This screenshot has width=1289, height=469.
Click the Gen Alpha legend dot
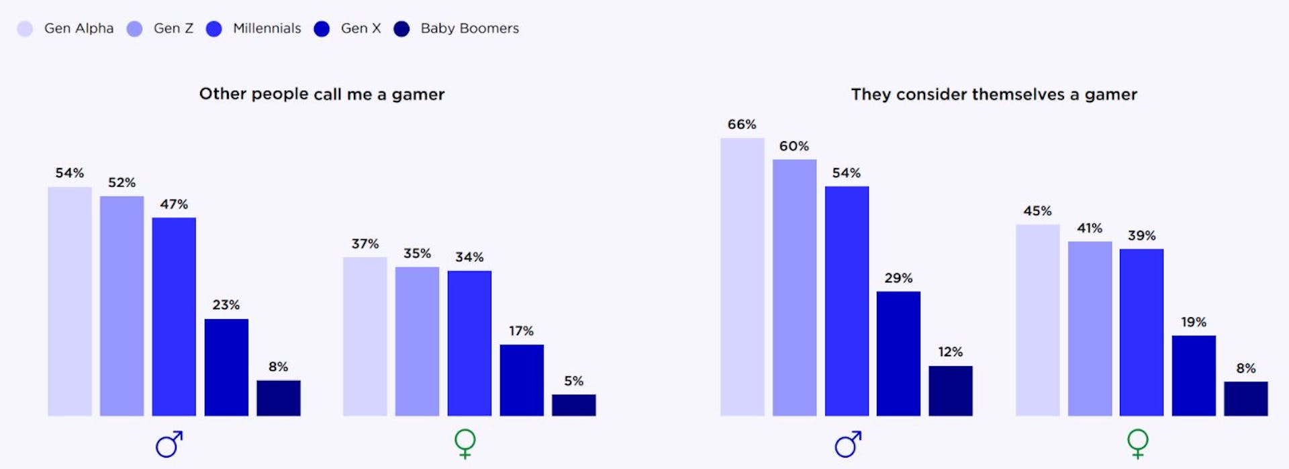[25, 29]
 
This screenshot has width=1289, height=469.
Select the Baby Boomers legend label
[469, 28]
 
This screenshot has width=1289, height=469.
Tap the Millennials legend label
[267, 28]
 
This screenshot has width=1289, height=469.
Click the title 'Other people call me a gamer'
[322, 94]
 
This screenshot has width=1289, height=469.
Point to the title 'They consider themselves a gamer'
[994, 94]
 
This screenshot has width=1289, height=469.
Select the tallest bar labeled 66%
[742, 277]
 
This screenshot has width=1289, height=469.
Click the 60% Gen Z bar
[794, 288]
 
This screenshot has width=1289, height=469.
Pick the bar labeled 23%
[226, 367]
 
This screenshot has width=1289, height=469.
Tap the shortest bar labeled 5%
[573, 404]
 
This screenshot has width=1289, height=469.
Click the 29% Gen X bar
[898, 353]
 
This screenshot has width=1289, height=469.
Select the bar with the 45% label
[1037, 320]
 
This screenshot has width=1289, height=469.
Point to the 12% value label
[950, 352]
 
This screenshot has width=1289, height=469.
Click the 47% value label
[174, 204]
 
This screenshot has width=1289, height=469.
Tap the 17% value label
[521, 331]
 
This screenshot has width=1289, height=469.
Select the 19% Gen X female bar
[1194, 376]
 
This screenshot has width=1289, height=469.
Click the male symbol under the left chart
[169, 444]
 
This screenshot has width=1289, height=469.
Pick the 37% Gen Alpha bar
[365, 336]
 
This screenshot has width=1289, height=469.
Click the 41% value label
[1090, 228]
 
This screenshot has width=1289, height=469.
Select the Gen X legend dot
[322, 29]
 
